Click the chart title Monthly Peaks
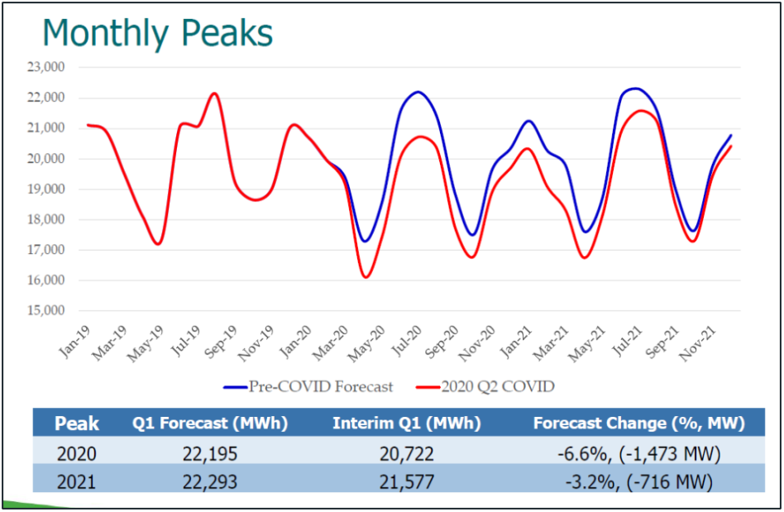tap(157, 33)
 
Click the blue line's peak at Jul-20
tap(418, 92)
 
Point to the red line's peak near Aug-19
tap(214, 93)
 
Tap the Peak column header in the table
tap(76, 423)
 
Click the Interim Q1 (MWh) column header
tap(405, 423)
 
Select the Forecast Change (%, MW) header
tap(638, 423)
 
